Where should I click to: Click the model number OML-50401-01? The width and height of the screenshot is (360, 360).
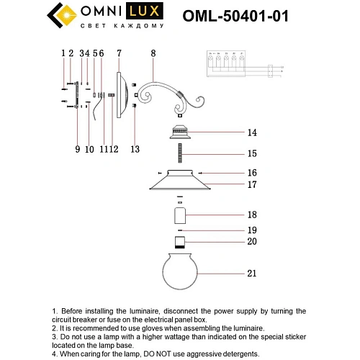click(246, 16)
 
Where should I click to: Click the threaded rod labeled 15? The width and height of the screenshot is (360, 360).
click(179, 153)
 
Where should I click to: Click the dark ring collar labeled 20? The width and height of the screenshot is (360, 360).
click(179, 241)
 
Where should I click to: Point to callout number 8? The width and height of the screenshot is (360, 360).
click(152, 53)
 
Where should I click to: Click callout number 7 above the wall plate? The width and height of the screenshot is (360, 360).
click(119, 53)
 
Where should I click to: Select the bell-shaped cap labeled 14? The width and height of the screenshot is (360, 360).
click(179, 132)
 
